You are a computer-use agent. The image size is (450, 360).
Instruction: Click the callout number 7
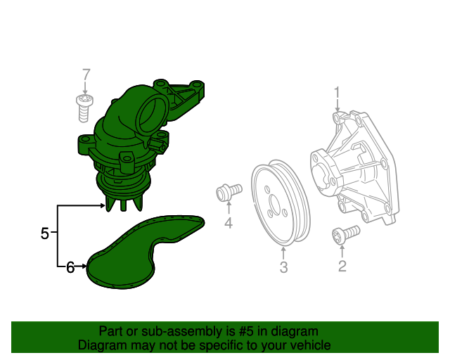pyautogui.click(x=86, y=75)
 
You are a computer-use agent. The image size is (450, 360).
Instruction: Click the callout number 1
pyautogui.click(x=337, y=91)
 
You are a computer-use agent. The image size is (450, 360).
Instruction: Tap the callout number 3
pyautogui.click(x=283, y=266)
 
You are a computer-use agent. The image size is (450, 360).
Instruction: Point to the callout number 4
pyautogui.click(x=229, y=224)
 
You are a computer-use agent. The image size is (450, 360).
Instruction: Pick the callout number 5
pyautogui.click(x=45, y=233)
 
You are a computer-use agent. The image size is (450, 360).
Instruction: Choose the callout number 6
pyautogui.click(x=70, y=266)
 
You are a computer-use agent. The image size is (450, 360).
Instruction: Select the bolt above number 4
pyautogui.click(x=229, y=190)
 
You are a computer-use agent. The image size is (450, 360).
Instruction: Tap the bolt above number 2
pyautogui.click(x=345, y=234)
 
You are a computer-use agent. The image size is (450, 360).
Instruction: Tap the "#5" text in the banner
pyautogui.click(x=224, y=331)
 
